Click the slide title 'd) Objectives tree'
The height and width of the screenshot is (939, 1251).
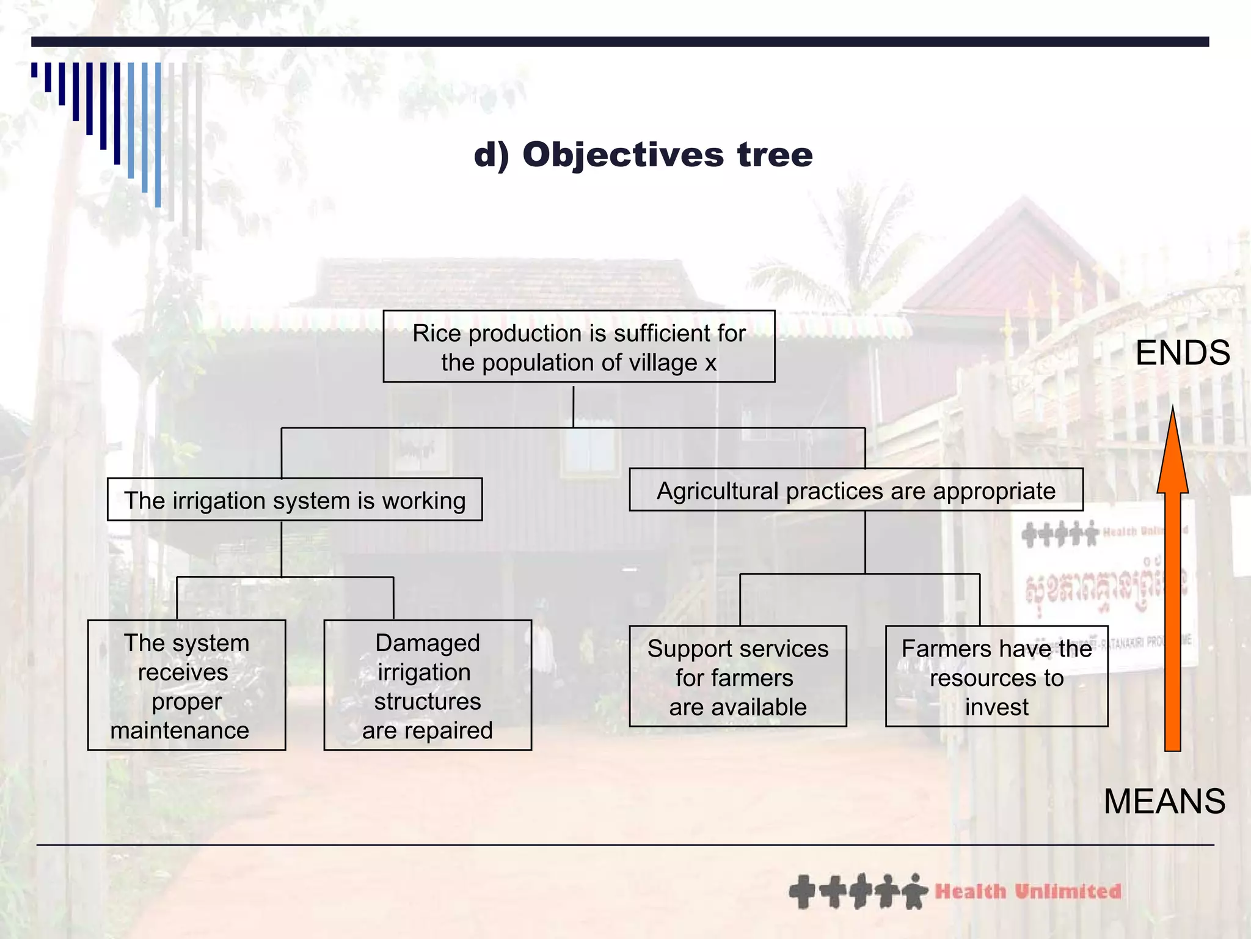click(643, 154)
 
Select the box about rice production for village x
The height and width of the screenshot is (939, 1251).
click(578, 347)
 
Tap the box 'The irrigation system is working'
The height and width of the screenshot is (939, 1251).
click(294, 500)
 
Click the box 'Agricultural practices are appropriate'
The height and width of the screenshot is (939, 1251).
click(856, 490)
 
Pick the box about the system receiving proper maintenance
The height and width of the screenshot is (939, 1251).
click(186, 685)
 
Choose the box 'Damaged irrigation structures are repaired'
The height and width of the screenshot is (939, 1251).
click(428, 685)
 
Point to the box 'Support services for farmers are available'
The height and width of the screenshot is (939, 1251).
click(738, 677)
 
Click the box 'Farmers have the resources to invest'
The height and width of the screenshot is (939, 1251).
click(996, 677)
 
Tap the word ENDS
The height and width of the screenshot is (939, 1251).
click(1182, 353)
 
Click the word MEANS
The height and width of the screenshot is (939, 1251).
click(1164, 801)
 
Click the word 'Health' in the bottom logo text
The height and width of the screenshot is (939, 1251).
click(970, 891)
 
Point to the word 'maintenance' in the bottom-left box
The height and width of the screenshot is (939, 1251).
click(180, 731)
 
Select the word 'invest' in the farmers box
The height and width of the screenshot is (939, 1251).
click(996, 707)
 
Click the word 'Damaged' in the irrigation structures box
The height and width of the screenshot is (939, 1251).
click(428, 643)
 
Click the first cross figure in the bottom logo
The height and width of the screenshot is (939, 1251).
click(803, 892)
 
